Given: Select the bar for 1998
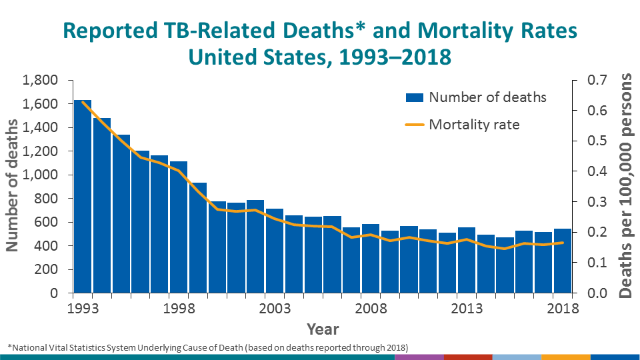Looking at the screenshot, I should pyautogui.click(x=179, y=227).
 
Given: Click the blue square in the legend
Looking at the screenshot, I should pyautogui.click(x=415, y=97).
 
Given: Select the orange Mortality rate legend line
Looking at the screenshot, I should pyautogui.click(x=415, y=125).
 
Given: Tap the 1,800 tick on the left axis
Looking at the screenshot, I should pyautogui.click(x=41, y=81).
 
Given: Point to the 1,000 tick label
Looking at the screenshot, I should pyautogui.click(x=41, y=175).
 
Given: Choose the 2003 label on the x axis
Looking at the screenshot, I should pyautogui.click(x=275, y=309).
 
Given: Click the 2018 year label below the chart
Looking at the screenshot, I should pyautogui.click(x=563, y=309).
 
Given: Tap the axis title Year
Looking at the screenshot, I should pyautogui.click(x=323, y=329).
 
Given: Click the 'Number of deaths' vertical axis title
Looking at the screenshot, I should pyautogui.click(x=13, y=186).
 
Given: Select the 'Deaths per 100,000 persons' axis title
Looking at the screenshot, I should pyautogui.click(x=627, y=186).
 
